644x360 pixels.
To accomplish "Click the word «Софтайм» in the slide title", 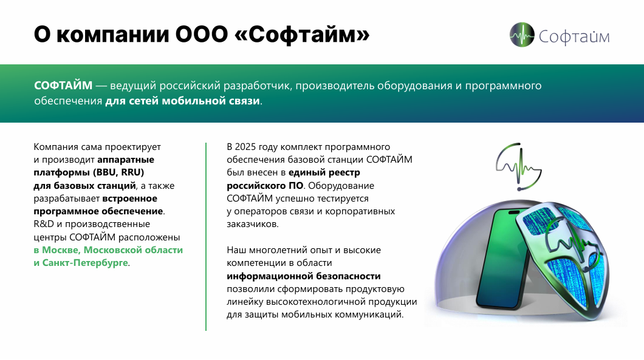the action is click(x=303, y=35).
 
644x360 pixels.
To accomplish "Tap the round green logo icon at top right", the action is click(x=522, y=35).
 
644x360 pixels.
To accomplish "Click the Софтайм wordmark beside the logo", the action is click(x=574, y=36).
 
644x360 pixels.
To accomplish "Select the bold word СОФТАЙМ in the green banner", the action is click(x=63, y=86).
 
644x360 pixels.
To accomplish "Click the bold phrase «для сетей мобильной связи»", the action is click(x=182, y=101).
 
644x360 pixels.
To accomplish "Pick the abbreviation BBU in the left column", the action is click(x=106, y=172).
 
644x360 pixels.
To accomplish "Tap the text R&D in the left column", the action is click(x=44, y=224).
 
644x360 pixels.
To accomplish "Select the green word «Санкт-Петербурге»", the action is click(x=85, y=263).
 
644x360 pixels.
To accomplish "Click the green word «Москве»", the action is click(x=61, y=250).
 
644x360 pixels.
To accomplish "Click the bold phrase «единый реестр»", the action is click(x=324, y=172).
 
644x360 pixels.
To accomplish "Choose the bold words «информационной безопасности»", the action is click(x=304, y=276).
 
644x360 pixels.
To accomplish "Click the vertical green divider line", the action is click(x=206, y=236).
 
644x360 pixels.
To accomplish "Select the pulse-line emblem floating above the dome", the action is click(x=519, y=166).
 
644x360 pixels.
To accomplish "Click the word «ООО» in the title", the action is click(x=201, y=35).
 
